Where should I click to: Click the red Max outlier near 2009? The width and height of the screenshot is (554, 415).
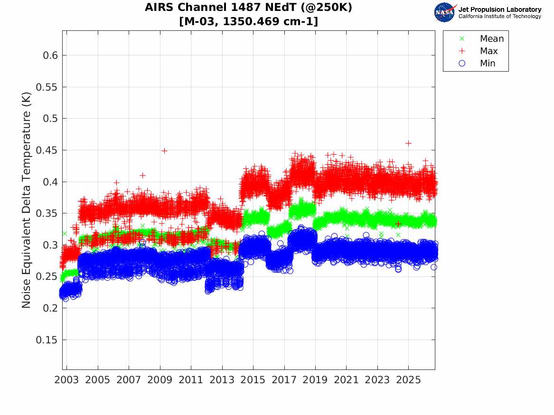click(164, 151)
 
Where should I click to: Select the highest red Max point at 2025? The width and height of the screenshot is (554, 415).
click(408, 143)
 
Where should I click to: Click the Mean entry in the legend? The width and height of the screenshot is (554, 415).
click(492, 38)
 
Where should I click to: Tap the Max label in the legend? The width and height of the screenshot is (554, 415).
click(488, 51)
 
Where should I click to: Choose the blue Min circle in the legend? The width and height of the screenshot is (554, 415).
click(462, 63)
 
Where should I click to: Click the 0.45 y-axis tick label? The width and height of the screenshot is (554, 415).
click(47, 150)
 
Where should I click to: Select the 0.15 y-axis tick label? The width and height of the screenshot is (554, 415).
click(47, 340)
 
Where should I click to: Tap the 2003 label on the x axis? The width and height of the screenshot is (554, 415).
click(66, 380)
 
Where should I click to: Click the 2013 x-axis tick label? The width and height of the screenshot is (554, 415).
click(222, 380)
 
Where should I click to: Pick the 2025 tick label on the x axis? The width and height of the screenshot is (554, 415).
click(408, 380)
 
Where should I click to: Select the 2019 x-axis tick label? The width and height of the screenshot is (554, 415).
click(315, 380)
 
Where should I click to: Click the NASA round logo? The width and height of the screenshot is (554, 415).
click(445, 12)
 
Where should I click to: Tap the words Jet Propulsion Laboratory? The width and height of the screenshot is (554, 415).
click(500, 9)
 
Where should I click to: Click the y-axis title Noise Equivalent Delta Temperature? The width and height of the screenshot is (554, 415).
click(27, 200)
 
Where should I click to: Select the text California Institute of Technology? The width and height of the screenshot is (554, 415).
click(500, 16)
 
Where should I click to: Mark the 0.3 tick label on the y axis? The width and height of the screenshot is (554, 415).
click(50, 245)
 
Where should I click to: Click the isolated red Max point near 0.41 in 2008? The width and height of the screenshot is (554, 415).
click(142, 175)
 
